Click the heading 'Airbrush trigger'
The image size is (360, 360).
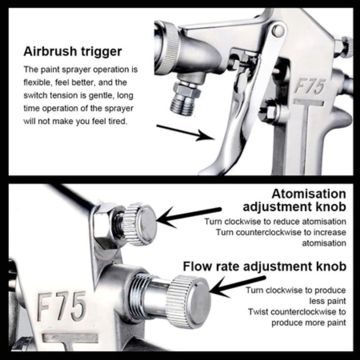tap(72, 51)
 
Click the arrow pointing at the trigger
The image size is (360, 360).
tap(185, 132)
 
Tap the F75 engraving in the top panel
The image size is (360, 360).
tap(310, 86)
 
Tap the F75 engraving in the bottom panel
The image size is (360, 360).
tap(61, 306)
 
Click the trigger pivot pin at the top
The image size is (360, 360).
tap(278, 31)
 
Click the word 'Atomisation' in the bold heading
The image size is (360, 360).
tap(309, 194)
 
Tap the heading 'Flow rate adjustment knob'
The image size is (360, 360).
tap(265, 266)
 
